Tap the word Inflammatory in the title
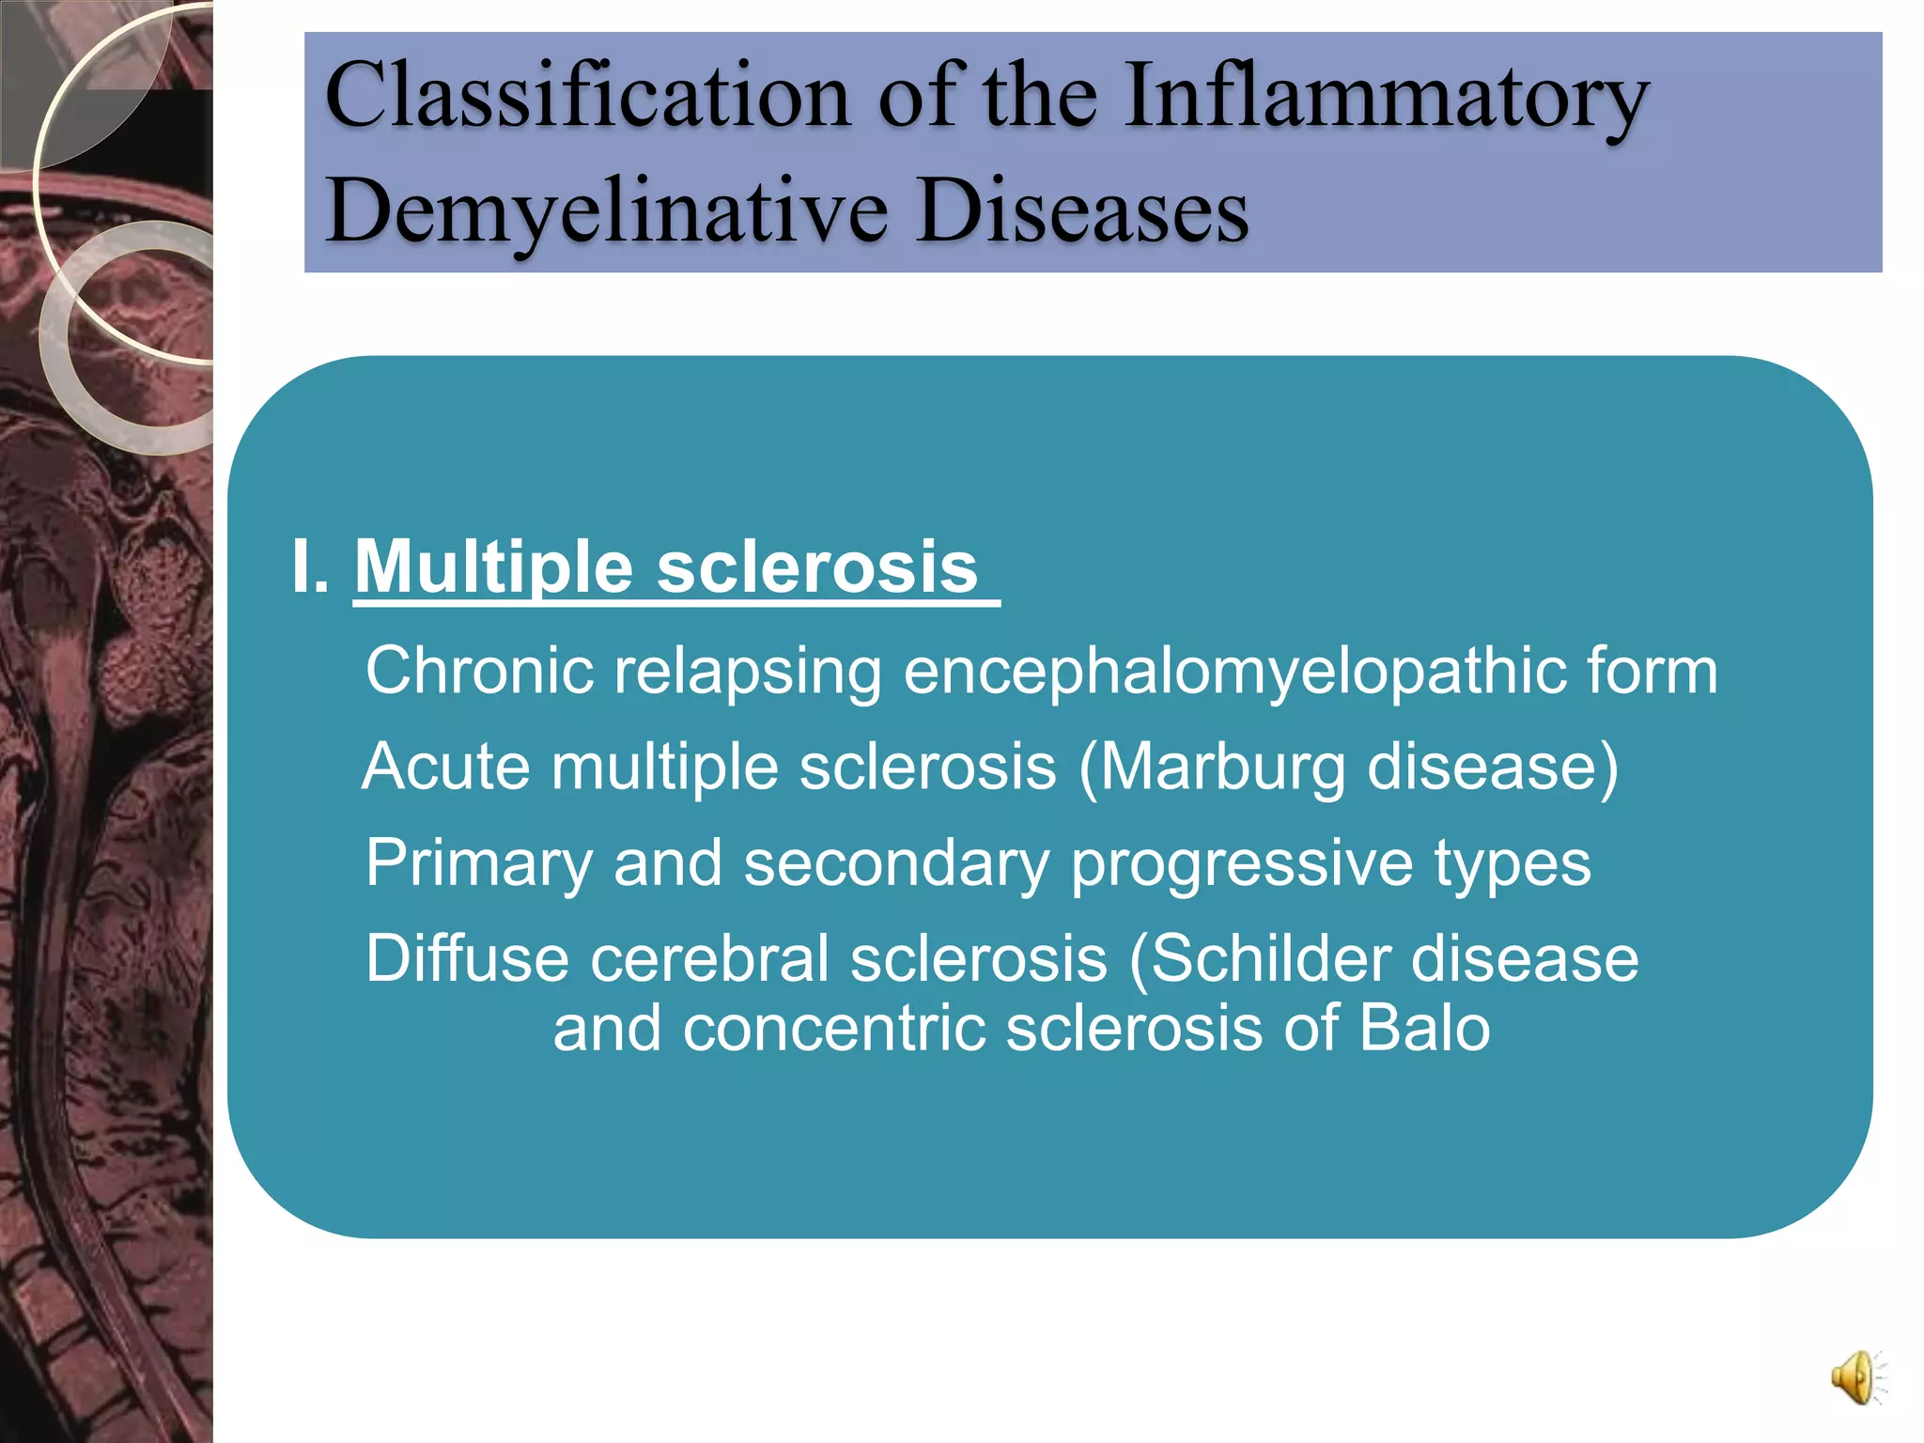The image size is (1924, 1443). pos(1386,96)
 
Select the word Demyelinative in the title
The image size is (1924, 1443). pos(607,210)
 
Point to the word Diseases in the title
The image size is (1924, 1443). pos(1082,210)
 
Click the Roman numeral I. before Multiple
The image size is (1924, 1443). pos(310,566)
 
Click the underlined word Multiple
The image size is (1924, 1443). pos(494,566)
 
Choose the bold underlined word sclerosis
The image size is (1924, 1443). pos(817,566)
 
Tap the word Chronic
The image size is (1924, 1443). pos(480,671)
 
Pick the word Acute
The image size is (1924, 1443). pos(446,767)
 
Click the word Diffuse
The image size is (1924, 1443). pos(468,959)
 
